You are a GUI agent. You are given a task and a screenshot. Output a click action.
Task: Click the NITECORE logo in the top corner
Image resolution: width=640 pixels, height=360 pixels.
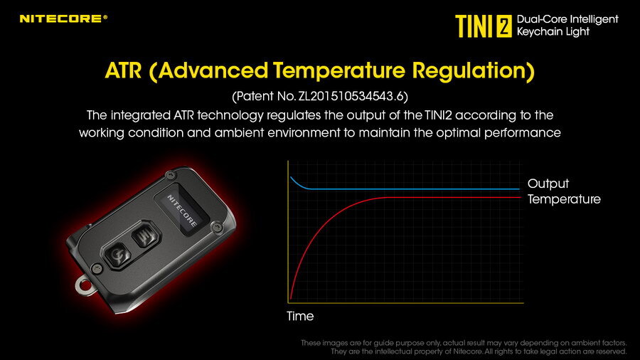[x=63, y=18]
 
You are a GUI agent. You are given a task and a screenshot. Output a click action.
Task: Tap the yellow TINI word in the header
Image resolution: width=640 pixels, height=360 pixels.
[x=474, y=26]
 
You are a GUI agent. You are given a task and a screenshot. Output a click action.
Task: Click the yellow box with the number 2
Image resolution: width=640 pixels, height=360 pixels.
[x=504, y=26]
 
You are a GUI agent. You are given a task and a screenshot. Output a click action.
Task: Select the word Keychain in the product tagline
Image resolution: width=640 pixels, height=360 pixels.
[x=537, y=32]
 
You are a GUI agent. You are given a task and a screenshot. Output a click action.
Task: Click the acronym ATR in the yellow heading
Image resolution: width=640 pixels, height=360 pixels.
[x=123, y=70]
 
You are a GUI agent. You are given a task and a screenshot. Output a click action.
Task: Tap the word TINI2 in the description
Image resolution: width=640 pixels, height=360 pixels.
[x=438, y=115]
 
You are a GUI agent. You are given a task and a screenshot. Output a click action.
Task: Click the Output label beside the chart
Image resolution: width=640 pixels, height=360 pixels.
[x=548, y=184]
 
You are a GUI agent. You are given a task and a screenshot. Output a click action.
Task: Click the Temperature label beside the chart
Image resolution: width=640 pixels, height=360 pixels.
[x=564, y=199]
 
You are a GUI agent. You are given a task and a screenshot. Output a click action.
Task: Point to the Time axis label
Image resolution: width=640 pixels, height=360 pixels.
[x=300, y=316]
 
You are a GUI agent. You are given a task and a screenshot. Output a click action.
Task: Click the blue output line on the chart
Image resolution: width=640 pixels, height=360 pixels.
[x=404, y=189]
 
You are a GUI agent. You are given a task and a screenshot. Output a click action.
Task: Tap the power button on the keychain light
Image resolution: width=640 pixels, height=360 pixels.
[x=118, y=255]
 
